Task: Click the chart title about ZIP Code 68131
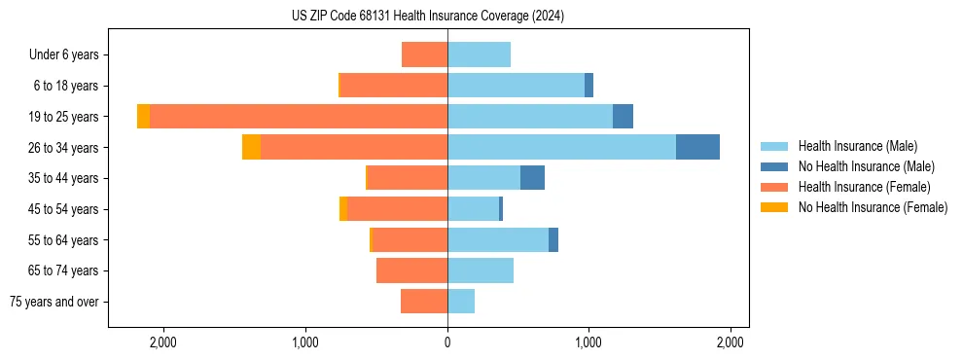427,17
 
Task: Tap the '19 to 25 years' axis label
63,117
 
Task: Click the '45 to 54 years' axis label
63,209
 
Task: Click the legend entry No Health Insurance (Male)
866,166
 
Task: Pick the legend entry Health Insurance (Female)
864,187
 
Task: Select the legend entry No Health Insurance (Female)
873,207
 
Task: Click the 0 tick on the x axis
447,342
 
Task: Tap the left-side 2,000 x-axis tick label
162,342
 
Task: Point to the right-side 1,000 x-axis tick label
588,342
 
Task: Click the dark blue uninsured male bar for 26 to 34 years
697,147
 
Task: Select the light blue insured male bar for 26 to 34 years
561,147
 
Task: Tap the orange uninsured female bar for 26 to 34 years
251,147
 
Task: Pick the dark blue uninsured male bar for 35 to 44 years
532,178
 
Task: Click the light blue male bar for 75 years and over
461,302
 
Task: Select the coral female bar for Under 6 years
424,54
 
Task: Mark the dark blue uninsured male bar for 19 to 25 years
623,117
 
